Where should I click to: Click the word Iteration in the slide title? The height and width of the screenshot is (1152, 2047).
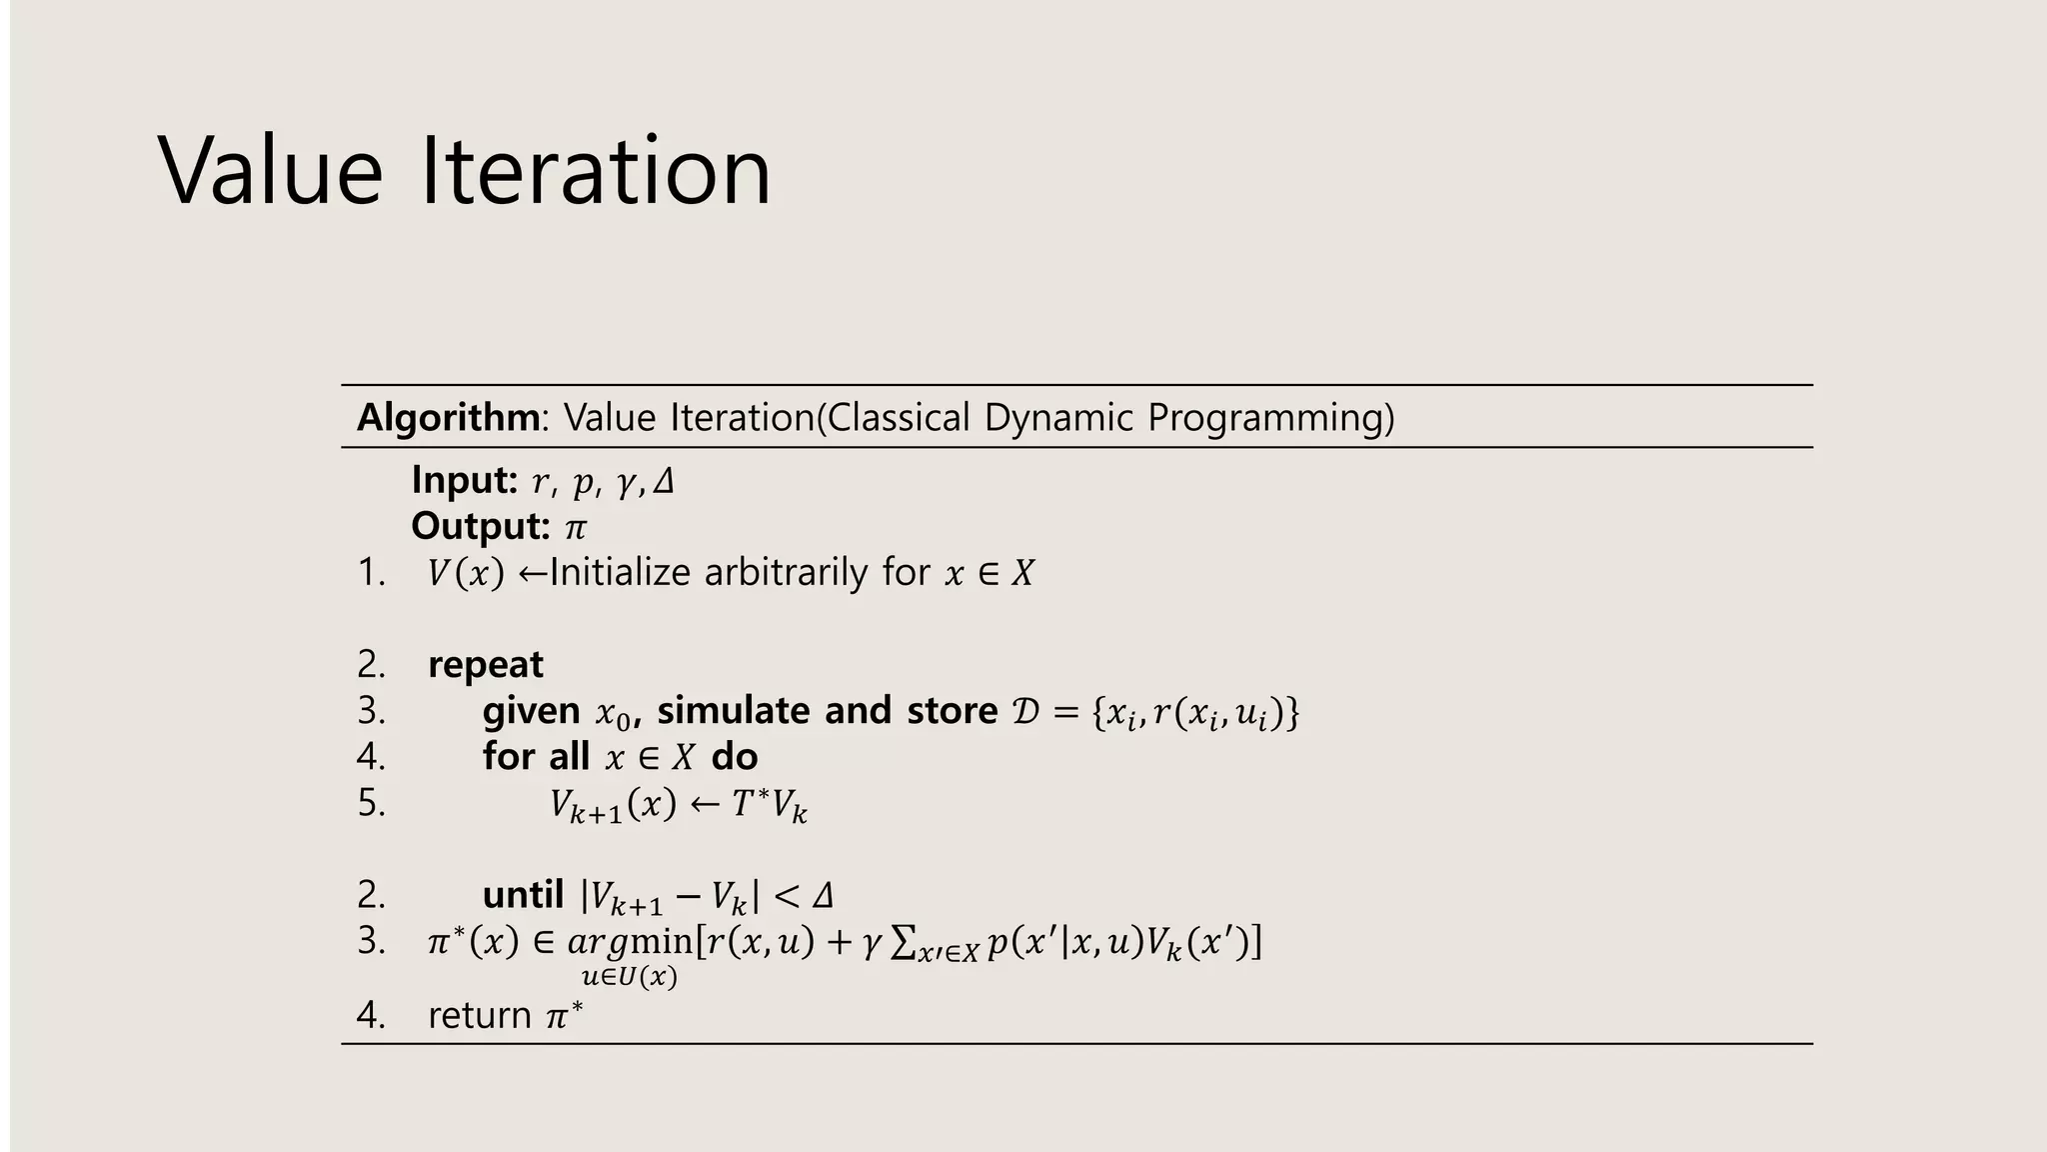(596, 171)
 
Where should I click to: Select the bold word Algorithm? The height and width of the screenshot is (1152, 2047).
(449, 417)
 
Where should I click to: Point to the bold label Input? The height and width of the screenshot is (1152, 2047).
(464, 481)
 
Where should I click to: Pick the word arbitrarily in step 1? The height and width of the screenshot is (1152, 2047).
(787, 573)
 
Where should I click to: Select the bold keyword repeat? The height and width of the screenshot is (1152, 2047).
(486, 665)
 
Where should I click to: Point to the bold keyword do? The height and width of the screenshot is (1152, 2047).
(735, 757)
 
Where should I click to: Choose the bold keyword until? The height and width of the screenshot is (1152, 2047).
(523, 894)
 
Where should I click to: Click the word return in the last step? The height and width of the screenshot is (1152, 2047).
(480, 1016)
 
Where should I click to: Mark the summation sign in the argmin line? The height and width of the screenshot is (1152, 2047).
(904, 942)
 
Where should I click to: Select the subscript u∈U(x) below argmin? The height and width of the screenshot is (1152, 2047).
(629, 977)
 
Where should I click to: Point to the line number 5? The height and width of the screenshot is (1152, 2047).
(371, 803)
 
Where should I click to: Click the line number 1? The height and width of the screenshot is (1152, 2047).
(371, 573)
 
